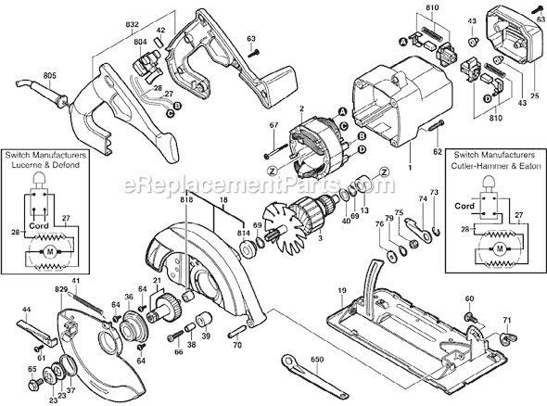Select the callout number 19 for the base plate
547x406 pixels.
tap(341, 291)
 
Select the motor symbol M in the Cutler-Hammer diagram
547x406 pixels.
tap(499, 250)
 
